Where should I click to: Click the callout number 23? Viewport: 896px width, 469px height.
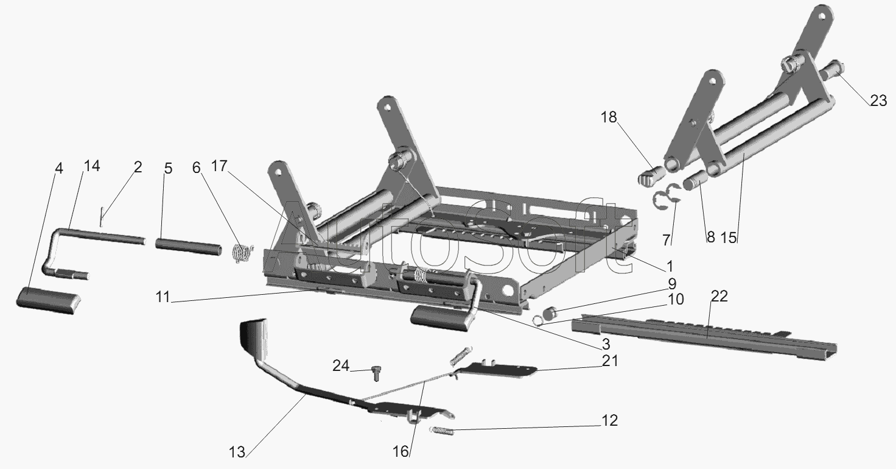coord(878,100)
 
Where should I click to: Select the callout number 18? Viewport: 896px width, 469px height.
coord(609,117)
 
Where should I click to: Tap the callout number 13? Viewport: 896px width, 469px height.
coord(237,452)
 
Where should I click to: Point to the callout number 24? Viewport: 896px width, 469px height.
coord(341,365)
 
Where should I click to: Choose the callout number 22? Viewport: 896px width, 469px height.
coord(719,297)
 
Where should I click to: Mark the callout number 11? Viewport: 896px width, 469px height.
coord(163,297)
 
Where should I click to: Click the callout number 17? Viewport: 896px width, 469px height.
coord(219,166)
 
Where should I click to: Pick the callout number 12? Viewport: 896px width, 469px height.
coord(609,420)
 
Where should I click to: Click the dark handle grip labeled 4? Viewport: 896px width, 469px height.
coord(48,300)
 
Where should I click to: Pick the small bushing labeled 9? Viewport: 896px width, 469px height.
coord(552,312)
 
